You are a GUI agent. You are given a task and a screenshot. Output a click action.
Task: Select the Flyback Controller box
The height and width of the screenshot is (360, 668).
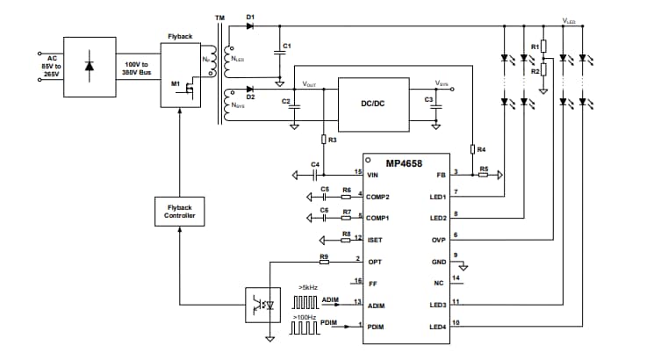pos(179,212)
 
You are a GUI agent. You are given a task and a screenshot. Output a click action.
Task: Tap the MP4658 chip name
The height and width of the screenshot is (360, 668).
pos(404,162)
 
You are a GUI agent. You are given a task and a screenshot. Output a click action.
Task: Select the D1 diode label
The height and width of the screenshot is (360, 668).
pos(251,18)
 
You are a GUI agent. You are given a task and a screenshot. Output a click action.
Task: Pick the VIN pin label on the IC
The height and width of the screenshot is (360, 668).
pos(374,176)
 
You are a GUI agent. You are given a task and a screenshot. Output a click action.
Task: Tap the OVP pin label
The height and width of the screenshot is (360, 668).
pos(438,240)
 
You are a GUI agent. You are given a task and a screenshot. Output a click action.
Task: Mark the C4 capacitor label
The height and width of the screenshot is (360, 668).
pos(316,164)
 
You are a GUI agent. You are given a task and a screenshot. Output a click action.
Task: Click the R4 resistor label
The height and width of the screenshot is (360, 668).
pos(481,149)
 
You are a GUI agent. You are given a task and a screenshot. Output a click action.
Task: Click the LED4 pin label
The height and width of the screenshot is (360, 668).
pos(436,327)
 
